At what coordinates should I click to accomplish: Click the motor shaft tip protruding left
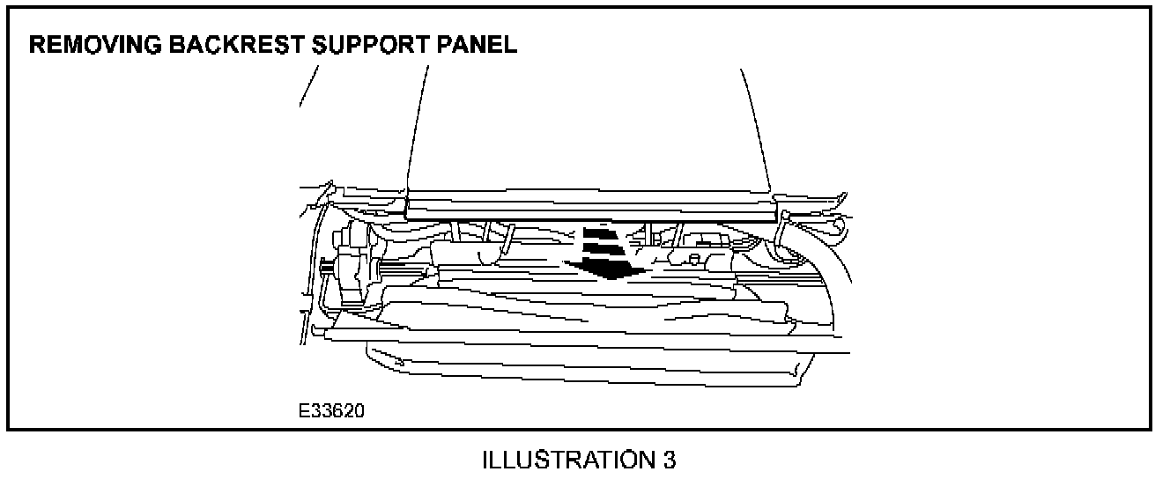pyautogui.click(x=328, y=268)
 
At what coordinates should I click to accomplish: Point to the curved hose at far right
pyautogui.click(x=828, y=255)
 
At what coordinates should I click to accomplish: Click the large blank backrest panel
pyautogui.click(x=586, y=123)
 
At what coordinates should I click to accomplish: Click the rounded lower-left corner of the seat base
pyautogui.click(x=374, y=356)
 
